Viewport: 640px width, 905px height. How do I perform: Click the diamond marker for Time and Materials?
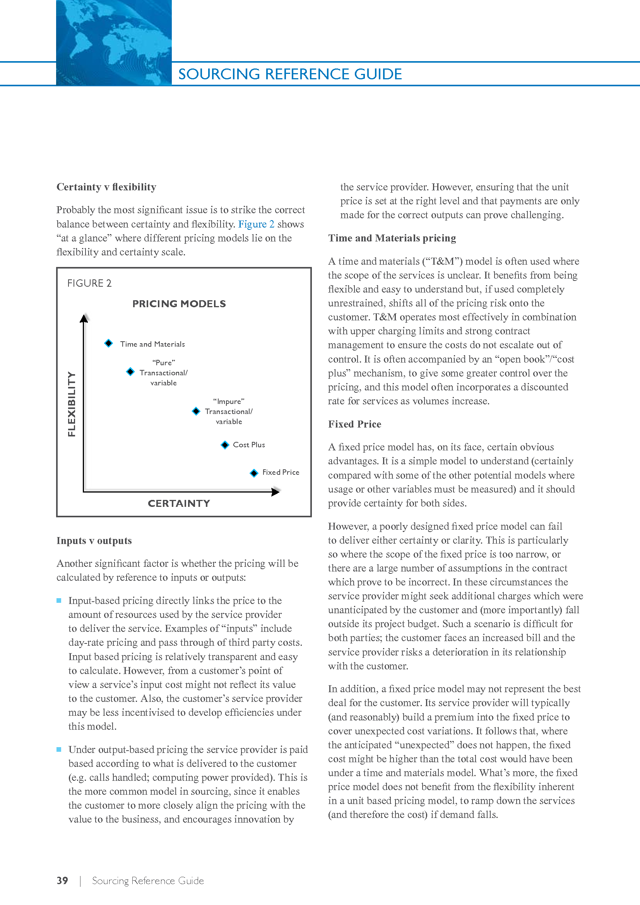point(109,343)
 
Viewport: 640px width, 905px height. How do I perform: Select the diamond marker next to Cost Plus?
point(225,445)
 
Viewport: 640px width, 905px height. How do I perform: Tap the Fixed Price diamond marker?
point(254,472)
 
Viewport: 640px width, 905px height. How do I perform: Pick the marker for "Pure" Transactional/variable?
point(130,372)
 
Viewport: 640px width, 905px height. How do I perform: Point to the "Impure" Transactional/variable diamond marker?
point(196,411)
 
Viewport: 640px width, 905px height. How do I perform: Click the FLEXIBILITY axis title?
point(71,404)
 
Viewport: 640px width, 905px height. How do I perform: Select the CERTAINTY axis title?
point(179,503)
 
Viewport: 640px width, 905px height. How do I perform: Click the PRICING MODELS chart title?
point(179,303)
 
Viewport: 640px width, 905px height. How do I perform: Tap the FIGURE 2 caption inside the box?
point(89,283)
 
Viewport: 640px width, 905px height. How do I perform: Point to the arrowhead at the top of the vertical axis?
point(84,318)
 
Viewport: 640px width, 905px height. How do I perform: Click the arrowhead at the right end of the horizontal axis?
point(276,491)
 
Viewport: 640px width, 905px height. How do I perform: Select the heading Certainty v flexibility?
point(106,187)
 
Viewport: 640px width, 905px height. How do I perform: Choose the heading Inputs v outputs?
point(94,541)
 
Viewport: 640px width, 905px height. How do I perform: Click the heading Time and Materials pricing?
point(392,238)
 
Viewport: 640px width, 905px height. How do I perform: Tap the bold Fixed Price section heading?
point(354,424)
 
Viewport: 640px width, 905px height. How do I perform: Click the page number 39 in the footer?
point(62,880)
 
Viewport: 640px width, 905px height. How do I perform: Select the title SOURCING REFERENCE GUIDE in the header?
point(290,74)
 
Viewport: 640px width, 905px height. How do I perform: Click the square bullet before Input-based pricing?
point(59,600)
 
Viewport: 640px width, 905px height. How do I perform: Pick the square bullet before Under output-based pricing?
point(59,749)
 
